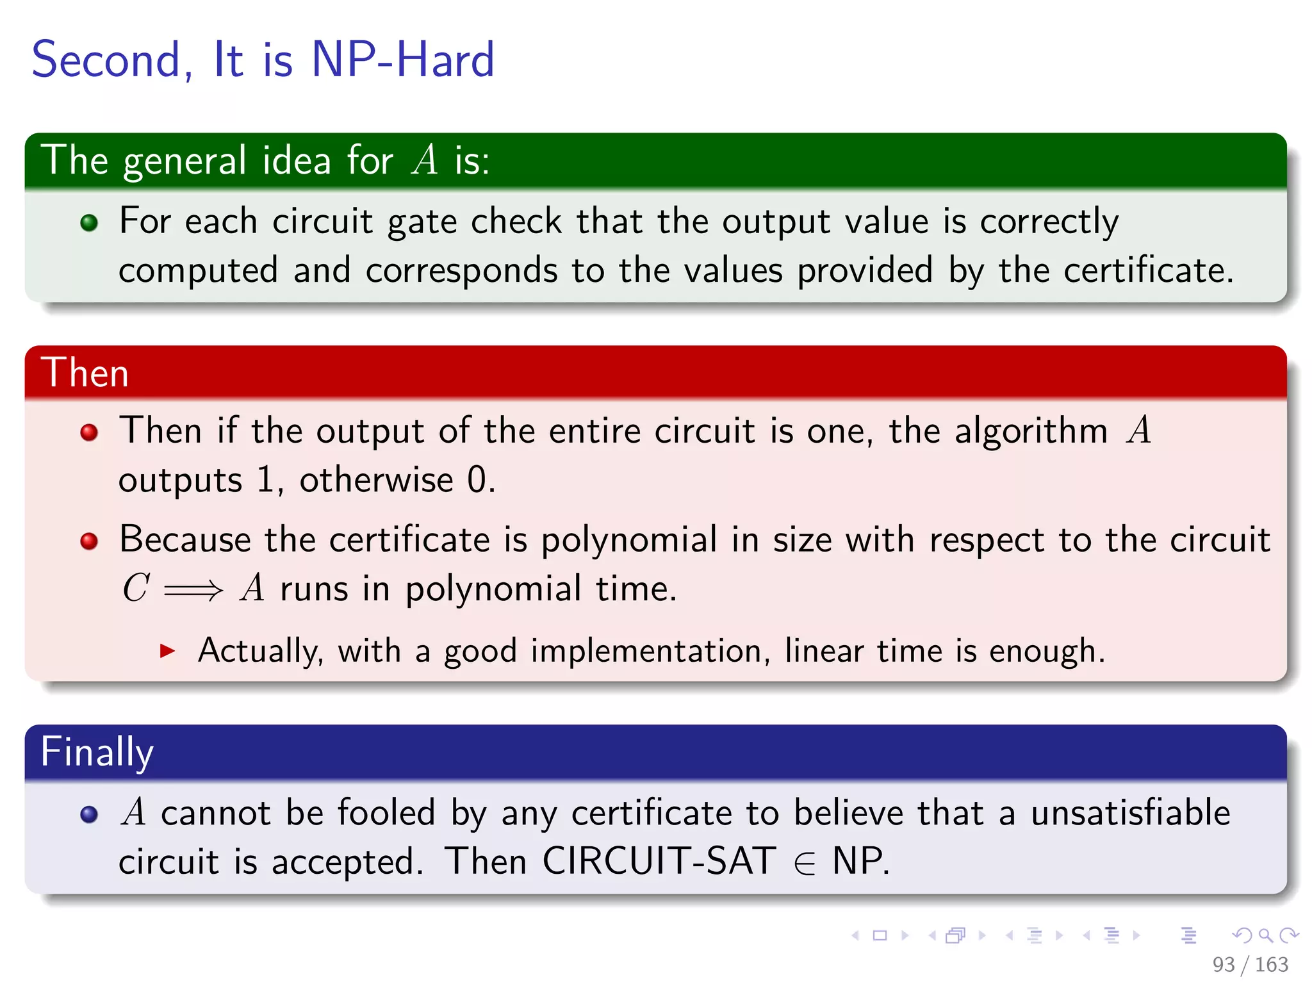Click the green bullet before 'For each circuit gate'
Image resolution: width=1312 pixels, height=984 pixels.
(x=89, y=222)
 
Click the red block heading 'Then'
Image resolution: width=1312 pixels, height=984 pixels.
(x=85, y=373)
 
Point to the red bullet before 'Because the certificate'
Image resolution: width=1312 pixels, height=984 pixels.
(x=89, y=541)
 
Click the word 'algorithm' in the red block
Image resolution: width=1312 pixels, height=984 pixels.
(x=1031, y=430)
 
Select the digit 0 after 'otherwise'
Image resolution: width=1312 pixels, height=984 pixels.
(x=477, y=480)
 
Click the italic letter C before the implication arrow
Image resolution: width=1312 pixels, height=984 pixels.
(x=136, y=588)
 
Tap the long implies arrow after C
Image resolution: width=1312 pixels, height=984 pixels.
(x=193, y=589)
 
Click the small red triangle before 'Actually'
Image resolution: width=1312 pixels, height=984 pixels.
(x=167, y=652)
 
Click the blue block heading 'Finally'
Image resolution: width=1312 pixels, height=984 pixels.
(x=97, y=752)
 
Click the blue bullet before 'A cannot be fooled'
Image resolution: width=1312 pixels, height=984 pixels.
(x=89, y=814)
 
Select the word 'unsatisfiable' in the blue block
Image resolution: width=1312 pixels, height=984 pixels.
(x=1131, y=813)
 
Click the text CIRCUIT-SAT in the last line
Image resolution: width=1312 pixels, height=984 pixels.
(x=659, y=861)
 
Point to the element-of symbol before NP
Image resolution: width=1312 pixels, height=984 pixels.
(x=805, y=864)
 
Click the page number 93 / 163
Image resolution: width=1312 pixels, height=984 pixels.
(x=1250, y=964)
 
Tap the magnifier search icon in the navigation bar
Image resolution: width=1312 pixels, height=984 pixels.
(x=1265, y=935)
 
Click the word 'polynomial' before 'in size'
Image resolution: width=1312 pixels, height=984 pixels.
(x=628, y=540)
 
